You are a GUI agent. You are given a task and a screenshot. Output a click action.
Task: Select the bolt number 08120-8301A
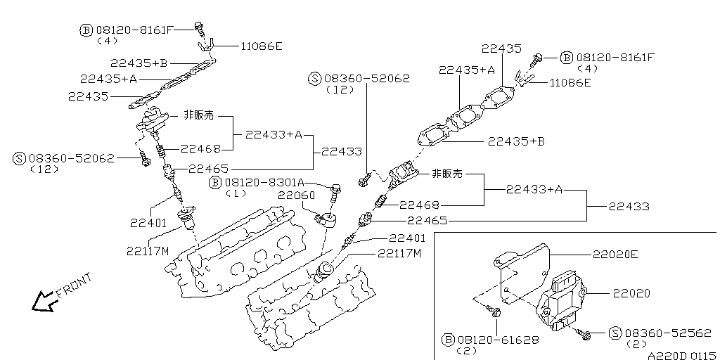pos(264,182)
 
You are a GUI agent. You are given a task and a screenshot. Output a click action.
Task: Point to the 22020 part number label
pos(631,292)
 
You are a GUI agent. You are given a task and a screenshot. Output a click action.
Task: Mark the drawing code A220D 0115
pos(680,354)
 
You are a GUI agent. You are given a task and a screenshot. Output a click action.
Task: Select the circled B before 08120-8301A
pos(216,183)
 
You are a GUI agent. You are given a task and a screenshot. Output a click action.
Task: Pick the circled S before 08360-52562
pos(615,333)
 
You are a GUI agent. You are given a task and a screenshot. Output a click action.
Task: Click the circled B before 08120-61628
pos(448,340)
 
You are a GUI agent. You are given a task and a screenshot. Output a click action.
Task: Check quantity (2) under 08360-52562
pos(635,345)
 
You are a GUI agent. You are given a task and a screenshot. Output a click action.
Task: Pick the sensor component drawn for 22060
pos(328,219)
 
